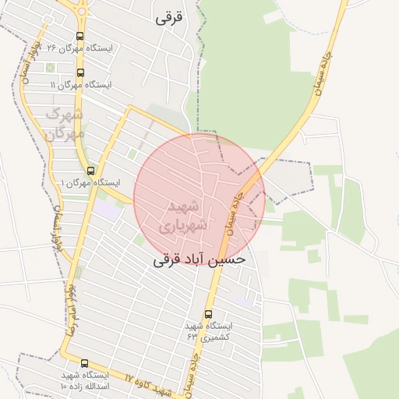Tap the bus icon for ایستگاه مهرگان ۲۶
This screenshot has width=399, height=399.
pyautogui.click(x=80, y=36)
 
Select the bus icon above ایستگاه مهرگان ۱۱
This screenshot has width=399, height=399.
pyautogui.click(x=81, y=72)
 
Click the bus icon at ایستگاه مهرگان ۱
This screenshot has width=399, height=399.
pyautogui.click(x=90, y=171)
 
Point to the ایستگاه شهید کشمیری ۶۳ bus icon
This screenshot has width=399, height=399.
pyautogui.click(x=207, y=314)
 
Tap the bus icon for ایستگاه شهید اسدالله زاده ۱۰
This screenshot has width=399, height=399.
pyautogui.click(x=84, y=363)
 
